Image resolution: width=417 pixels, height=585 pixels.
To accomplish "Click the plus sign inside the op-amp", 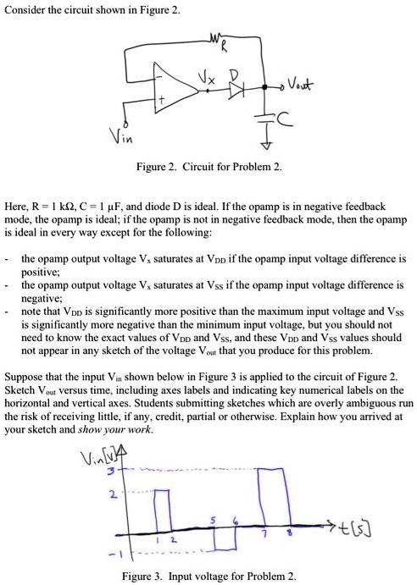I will (158, 102).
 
